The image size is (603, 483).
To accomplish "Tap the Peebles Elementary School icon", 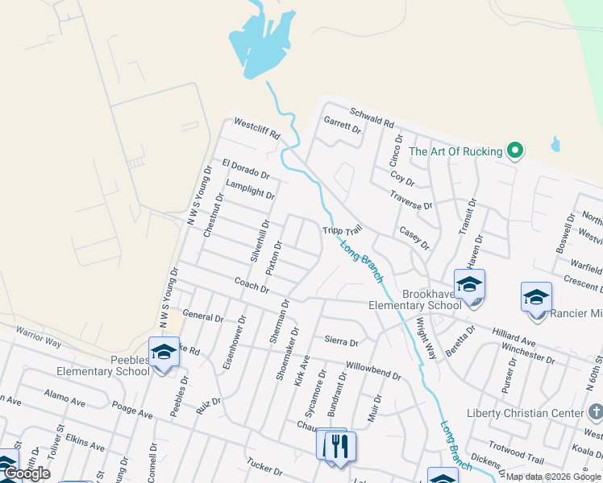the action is [164, 353].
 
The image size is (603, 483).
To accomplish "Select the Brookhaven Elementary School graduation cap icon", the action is [469, 284].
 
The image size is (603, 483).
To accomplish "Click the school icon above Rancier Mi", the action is [536, 298].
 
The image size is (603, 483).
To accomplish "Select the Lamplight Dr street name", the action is [251, 189].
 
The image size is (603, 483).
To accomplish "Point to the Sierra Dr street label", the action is [341, 341].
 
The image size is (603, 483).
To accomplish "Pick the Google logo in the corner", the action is [27, 473].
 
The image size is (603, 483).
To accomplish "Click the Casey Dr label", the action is [414, 237].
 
